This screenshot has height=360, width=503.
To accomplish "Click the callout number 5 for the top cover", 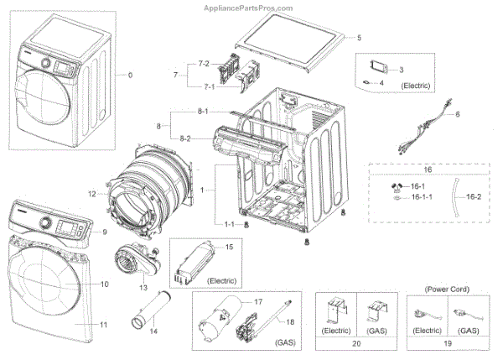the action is tap(359, 38).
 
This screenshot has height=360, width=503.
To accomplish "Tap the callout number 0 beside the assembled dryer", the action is tap(130, 76).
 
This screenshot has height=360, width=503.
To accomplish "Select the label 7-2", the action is tap(204, 64).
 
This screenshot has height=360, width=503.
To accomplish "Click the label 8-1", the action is tap(203, 112).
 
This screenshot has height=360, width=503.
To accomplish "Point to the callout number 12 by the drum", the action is tap(92, 194).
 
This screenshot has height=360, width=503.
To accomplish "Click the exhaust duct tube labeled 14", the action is tap(151, 310).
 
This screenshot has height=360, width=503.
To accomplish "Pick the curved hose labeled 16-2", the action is tap(456, 197).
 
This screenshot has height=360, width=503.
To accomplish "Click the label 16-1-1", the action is tap(422, 197).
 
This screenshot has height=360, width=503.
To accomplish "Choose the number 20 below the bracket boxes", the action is tap(356, 343).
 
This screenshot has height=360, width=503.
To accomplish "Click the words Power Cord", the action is tap(447, 290).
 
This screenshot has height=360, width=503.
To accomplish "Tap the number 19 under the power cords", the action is tap(448, 343).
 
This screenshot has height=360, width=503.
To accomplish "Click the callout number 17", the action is tap(258, 302).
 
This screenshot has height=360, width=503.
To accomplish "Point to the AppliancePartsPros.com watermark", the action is tap(248, 8).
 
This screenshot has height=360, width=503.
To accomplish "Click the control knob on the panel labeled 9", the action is tap(45, 222).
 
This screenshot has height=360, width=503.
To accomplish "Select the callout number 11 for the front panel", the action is tap(103, 325).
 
